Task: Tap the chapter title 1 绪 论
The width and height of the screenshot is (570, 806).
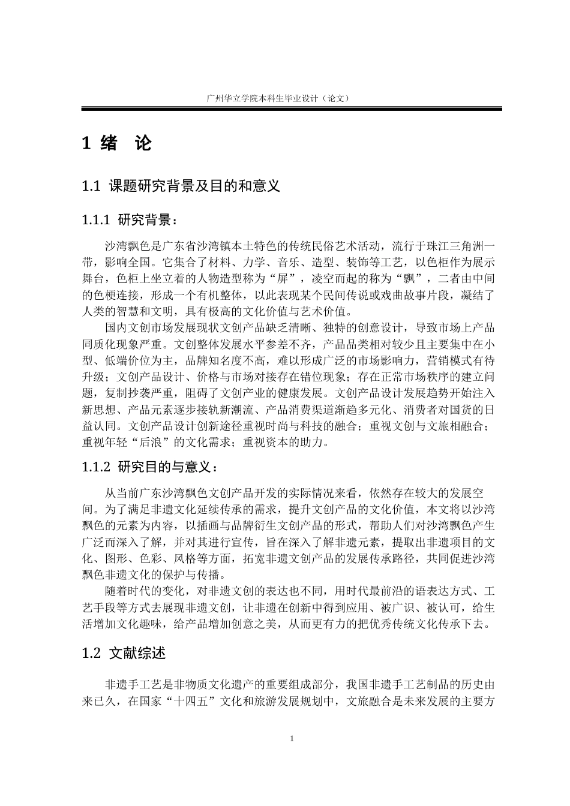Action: tap(117, 143)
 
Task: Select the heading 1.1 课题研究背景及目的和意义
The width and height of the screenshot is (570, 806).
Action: tap(181, 186)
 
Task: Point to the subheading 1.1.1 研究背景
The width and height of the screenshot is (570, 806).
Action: tap(130, 219)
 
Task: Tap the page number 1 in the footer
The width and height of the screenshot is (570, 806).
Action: tap(292, 738)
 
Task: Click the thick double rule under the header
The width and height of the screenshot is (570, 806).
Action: tap(292, 109)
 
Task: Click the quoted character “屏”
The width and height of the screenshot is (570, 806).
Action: tap(280, 278)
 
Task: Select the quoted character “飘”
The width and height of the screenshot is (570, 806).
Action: tap(417, 278)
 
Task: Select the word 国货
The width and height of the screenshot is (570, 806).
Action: tap(461, 410)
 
